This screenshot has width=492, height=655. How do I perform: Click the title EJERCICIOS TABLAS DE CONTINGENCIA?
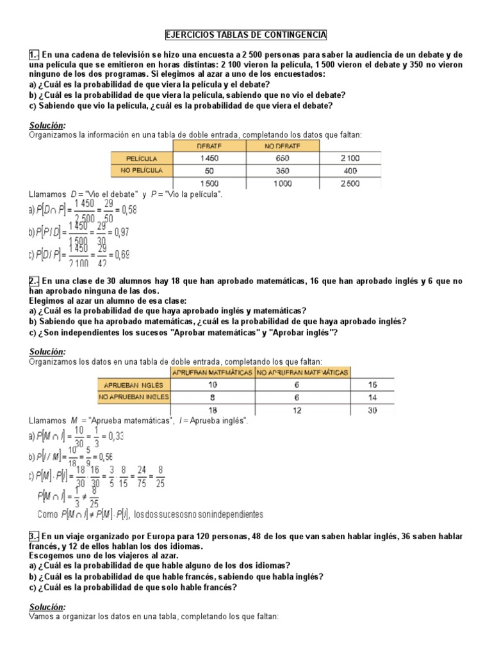click(246, 35)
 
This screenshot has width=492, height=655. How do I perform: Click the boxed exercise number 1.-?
click(35, 56)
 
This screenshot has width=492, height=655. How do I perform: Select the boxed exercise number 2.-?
click(35, 281)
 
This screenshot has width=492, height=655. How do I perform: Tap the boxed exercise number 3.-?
click(35, 535)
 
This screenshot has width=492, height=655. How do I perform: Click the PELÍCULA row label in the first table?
click(142, 157)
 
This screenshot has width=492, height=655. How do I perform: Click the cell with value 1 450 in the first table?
click(209, 158)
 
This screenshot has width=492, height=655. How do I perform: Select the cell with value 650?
click(283, 158)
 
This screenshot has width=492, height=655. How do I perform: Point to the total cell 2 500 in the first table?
click(350, 184)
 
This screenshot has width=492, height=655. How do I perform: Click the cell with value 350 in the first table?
click(283, 171)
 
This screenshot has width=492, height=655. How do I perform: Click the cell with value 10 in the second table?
click(213, 384)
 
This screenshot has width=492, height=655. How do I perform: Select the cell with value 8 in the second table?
click(213, 397)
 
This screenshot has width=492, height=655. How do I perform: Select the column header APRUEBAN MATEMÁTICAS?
click(213, 372)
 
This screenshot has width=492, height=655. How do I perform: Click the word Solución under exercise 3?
click(47, 606)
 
